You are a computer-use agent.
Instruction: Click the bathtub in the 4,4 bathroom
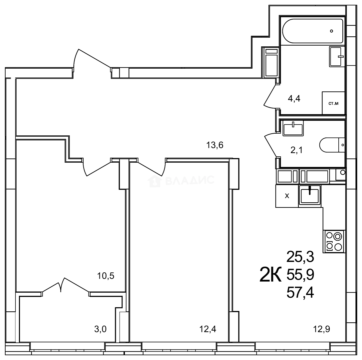(312, 31)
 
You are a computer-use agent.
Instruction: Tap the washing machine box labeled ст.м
(333, 103)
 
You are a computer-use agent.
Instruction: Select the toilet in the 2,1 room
(333, 145)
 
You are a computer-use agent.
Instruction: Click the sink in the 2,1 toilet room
(293, 128)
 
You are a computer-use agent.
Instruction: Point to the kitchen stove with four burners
(334, 241)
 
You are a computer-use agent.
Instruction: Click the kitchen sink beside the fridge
(310, 195)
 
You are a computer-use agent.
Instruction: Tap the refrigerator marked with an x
(287, 196)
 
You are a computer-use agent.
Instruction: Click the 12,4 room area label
(208, 330)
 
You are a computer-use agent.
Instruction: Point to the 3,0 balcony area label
(100, 330)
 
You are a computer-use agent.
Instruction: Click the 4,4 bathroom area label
(294, 99)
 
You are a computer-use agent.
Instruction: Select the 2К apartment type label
(270, 275)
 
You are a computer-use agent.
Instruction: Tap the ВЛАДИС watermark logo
(182, 180)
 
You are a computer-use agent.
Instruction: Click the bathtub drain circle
(331, 31)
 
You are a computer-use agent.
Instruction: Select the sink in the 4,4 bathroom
(337, 56)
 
